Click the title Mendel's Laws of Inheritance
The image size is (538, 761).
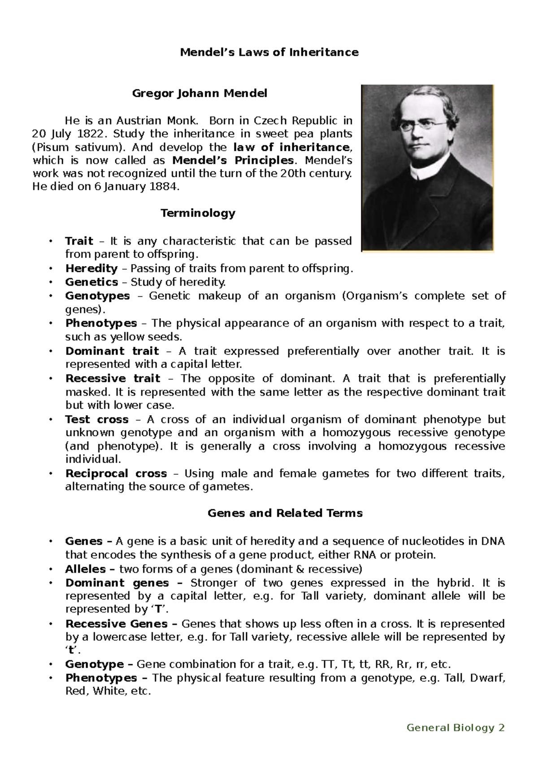coord(269,52)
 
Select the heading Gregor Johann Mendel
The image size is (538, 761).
coord(199,93)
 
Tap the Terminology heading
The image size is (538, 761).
coord(198,213)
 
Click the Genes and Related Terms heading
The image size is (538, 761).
coord(285,513)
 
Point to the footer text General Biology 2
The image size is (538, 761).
coord(456,727)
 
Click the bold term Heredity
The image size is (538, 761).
coord(91,268)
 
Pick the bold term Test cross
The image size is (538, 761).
coord(97,420)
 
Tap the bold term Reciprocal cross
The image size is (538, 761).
coord(116,473)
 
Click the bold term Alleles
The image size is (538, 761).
coord(86,569)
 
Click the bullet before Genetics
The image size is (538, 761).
coord(52,282)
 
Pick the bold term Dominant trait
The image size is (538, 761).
coord(112,351)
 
